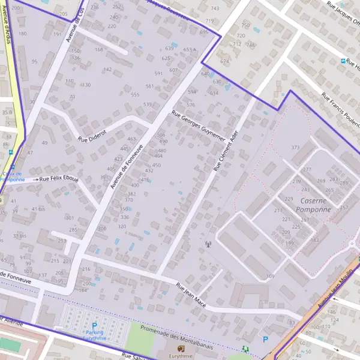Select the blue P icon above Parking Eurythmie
(x=94, y=325)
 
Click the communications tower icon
(x=208, y=244)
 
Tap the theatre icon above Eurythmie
(x=180, y=347)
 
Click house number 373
(x=295, y=148)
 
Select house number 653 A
(x=190, y=50)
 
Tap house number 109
(x=270, y=277)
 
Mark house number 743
(x=215, y=9)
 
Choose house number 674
(x=224, y=62)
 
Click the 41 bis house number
(x=38, y=209)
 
